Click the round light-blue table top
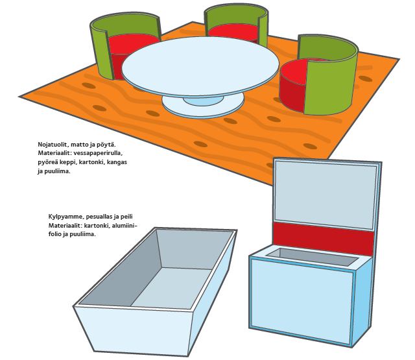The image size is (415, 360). pos(200,66)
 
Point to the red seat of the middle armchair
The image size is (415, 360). pos(233,31)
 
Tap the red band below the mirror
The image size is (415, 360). pos(324,238)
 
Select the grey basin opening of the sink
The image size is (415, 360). pos(313,256)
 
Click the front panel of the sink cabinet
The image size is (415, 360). pos(302,300)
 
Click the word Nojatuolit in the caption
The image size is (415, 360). pos(53,145)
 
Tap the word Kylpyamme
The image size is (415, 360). pos(65,217)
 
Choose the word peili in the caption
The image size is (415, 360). pos(126,217)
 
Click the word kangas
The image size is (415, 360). pos(118,162)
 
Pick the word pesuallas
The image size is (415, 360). pos(98,217)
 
